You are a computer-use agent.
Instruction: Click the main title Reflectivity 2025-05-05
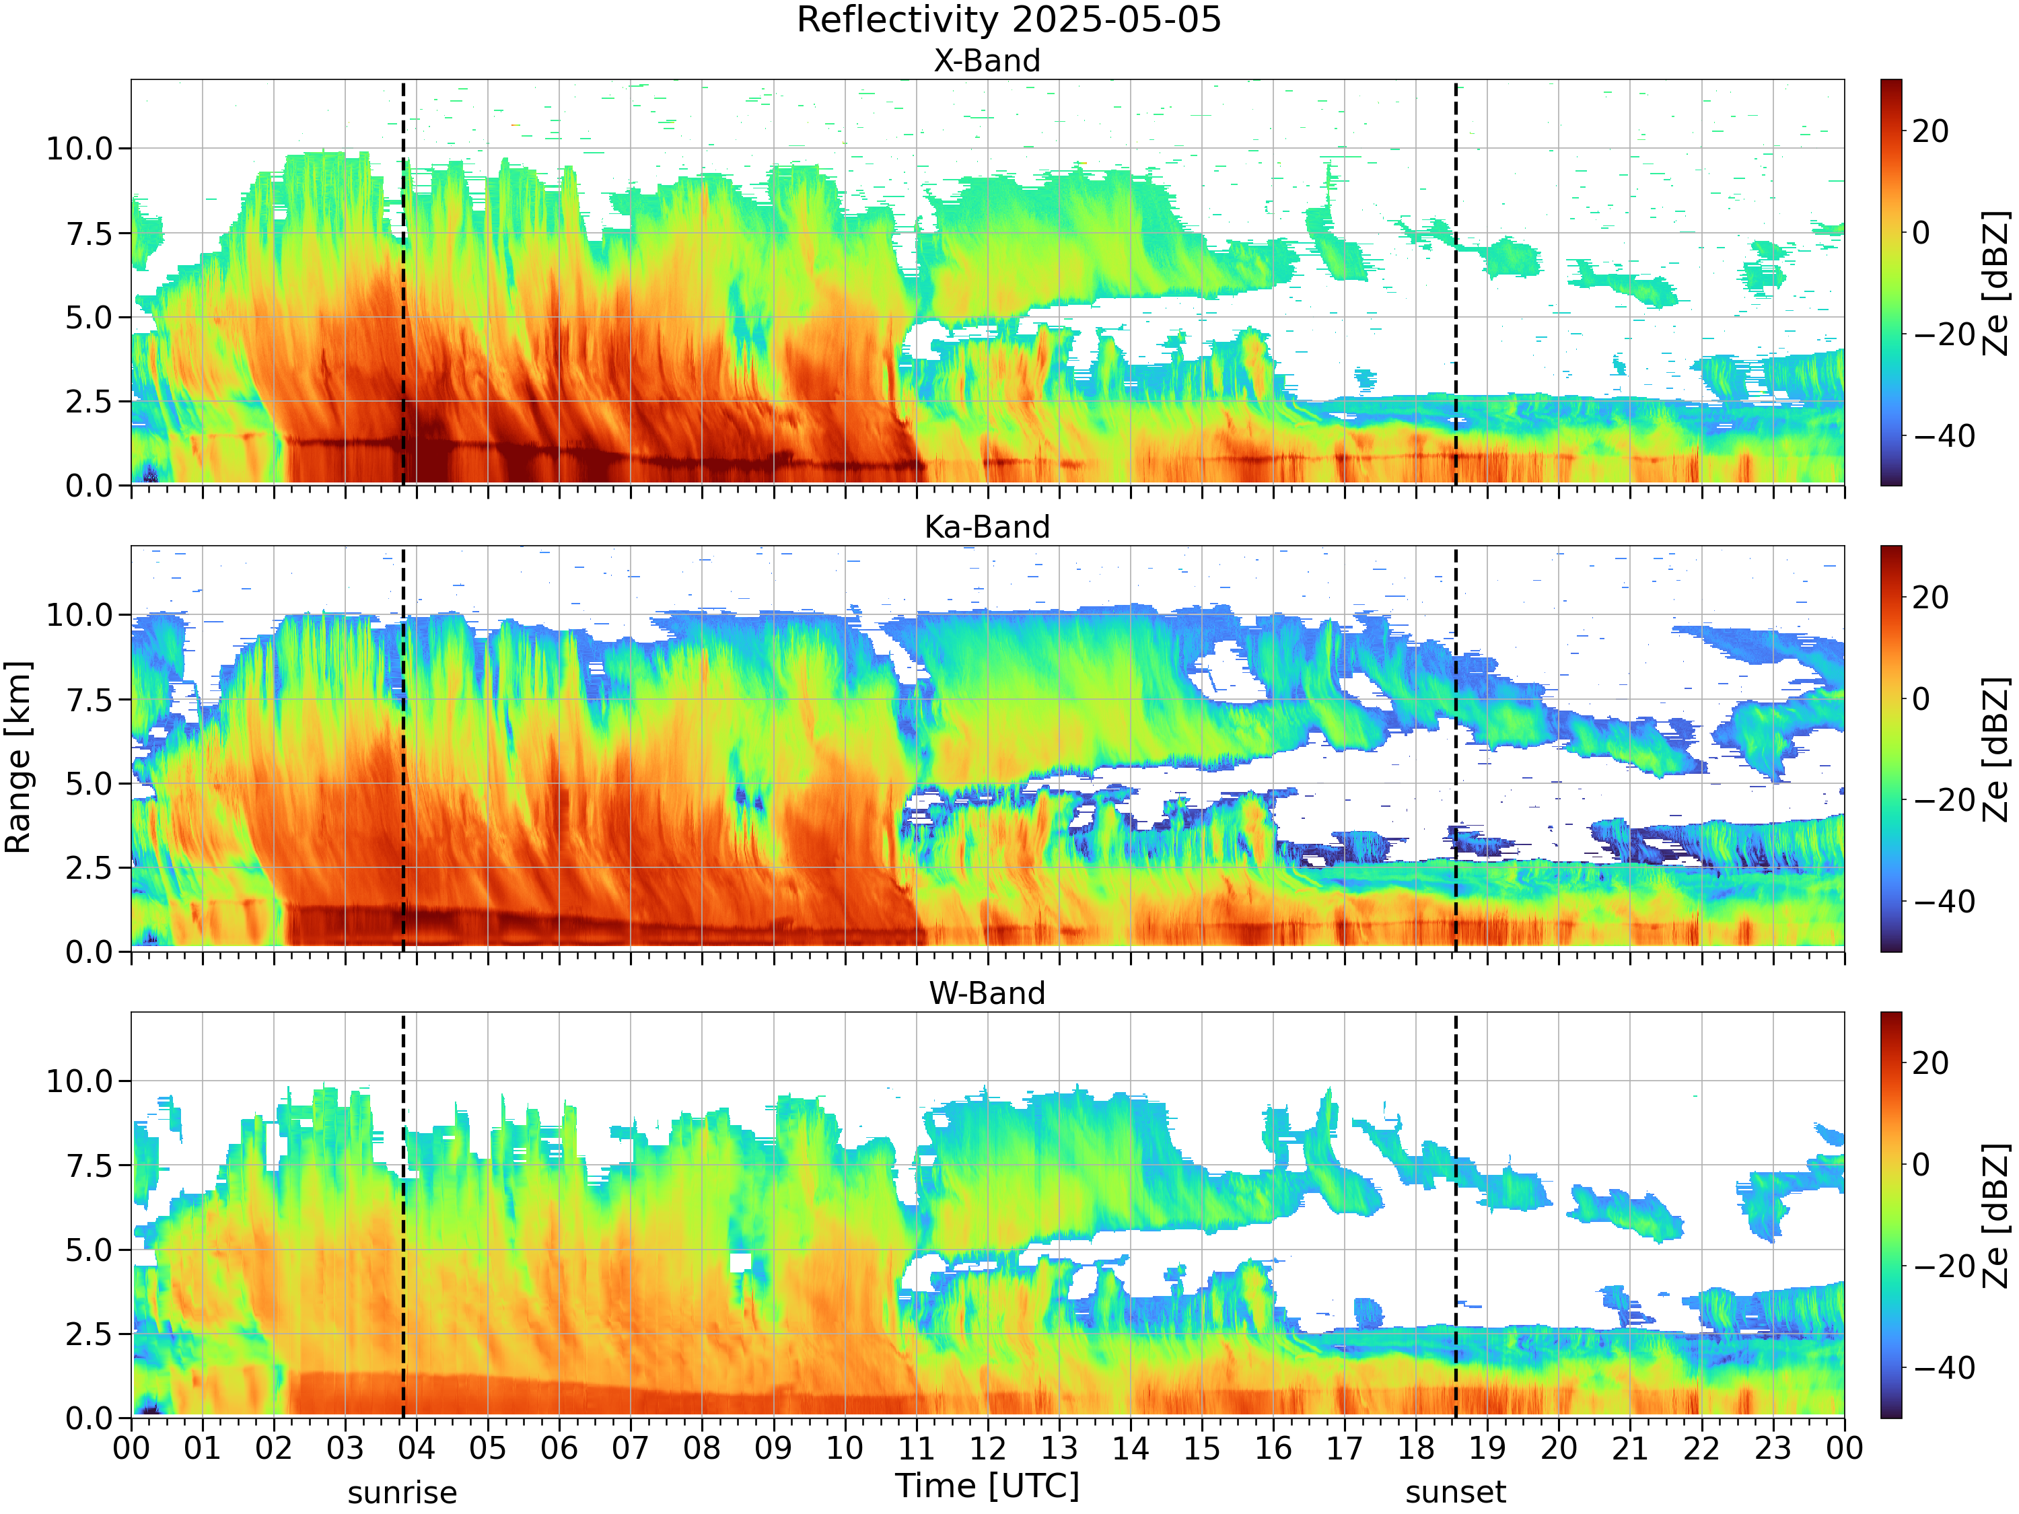click(x=1009, y=20)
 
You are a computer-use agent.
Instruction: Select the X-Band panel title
click(x=987, y=61)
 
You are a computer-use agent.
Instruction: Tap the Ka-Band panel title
click(x=987, y=527)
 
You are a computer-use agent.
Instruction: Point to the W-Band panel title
click(x=987, y=993)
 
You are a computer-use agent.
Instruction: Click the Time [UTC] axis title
click(x=987, y=1486)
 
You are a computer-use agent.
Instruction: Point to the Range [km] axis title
click(x=18, y=758)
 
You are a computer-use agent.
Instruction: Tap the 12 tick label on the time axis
click(x=987, y=1448)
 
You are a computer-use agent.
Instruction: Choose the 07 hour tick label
click(x=631, y=1448)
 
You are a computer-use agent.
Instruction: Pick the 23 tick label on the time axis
click(x=1773, y=1448)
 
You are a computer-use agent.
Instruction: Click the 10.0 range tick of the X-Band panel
click(x=79, y=149)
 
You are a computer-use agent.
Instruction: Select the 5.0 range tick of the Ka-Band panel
click(x=89, y=784)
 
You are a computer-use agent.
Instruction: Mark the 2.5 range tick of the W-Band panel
click(x=89, y=1334)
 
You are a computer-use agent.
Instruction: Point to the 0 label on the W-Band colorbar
click(x=1921, y=1165)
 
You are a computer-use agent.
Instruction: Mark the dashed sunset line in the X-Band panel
click(x=1456, y=282)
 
